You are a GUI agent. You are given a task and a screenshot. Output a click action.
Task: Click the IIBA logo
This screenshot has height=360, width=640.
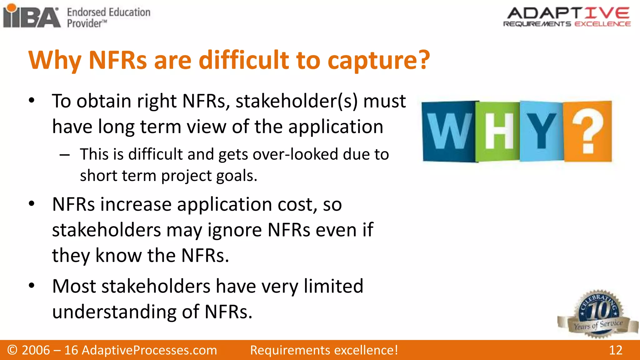tap(32, 16)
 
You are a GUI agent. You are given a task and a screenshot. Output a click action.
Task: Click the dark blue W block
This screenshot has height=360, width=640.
tap(449, 131)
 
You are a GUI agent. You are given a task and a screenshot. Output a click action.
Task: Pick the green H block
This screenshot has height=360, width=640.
tap(498, 131)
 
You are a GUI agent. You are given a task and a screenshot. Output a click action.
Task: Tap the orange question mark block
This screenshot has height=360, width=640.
tap(587, 131)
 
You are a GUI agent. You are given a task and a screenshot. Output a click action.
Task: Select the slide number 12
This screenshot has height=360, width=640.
tap(615, 350)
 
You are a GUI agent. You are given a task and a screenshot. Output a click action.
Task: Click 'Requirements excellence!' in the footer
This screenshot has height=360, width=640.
tap(324, 350)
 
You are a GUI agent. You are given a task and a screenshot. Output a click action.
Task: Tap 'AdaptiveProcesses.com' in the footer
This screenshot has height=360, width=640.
tap(149, 350)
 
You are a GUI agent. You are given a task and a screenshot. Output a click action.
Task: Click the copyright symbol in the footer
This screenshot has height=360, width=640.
tap(12, 350)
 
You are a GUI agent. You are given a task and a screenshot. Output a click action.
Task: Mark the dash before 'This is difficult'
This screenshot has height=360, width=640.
tap(64, 155)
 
